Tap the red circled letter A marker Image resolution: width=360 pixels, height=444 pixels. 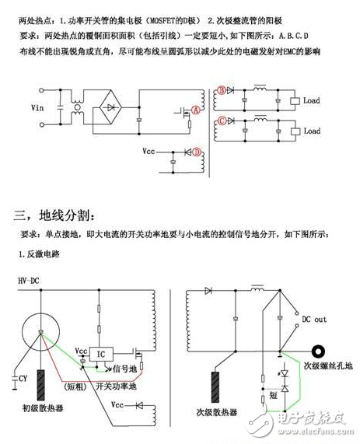(196, 111)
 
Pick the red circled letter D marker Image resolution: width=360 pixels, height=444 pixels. (197, 151)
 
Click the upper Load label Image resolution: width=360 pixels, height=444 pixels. (311, 100)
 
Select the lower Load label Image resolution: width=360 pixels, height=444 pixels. (311, 131)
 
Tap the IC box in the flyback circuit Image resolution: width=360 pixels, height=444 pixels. (103, 352)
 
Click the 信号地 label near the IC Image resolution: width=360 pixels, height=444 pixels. (126, 368)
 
